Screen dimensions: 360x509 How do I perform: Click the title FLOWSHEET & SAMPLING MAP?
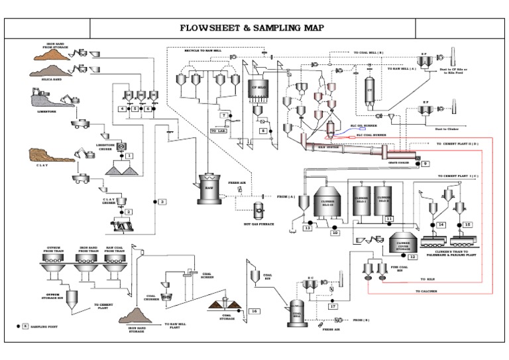[x=253, y=29]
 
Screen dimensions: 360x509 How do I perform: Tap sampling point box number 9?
[x=425, y=163]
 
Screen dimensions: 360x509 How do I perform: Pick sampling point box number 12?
[x=412, y=255]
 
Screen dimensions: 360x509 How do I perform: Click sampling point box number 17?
[x=333, y=306]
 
